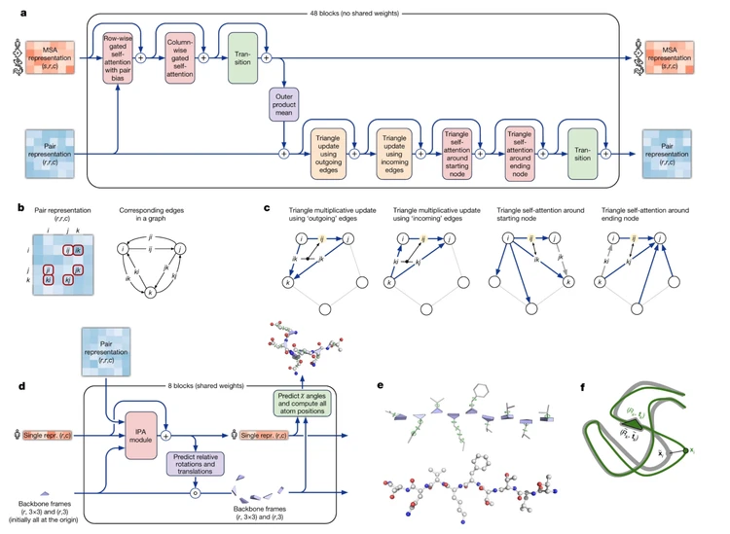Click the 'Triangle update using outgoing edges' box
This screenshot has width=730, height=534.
(x=328, y=152)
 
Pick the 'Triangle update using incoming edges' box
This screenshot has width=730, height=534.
(x=395, y=152)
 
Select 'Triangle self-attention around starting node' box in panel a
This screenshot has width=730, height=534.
(x=456, y=152)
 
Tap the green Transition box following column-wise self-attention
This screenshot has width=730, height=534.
(x=241, y=60)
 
